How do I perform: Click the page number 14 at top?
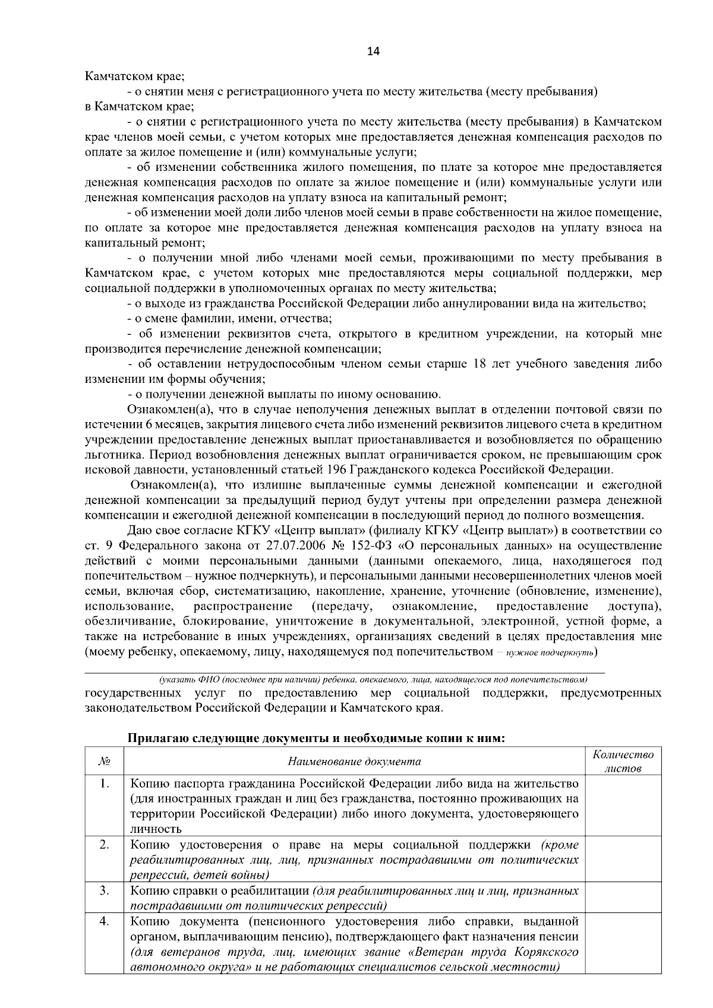(x=373, y=51)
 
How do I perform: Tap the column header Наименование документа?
(x=354, y=762)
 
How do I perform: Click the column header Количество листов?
(x=623, y=762)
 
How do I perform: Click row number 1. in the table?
(x=104, y=784)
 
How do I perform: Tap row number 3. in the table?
(x=104, y=891)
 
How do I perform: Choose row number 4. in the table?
(x=104, y=922)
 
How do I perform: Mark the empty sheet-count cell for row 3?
(x=623, y=898)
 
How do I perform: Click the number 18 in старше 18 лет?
(x=479, y=364)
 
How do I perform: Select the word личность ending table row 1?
(x=156, y=829)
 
